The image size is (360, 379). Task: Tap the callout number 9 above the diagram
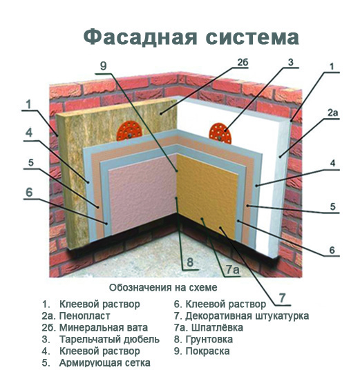tap(104, 66)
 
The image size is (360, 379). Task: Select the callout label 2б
tap(243, 63)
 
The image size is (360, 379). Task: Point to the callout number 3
tap(291, 62)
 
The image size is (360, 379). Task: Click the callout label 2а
tap(332, 113)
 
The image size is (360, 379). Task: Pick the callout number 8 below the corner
tap(190, 262)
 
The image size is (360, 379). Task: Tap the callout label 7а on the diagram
tap(233, 270)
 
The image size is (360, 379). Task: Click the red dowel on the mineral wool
tap(129, 131)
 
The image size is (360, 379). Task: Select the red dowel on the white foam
tap(220, 133)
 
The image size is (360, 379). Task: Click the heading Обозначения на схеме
tap(163, 288)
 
